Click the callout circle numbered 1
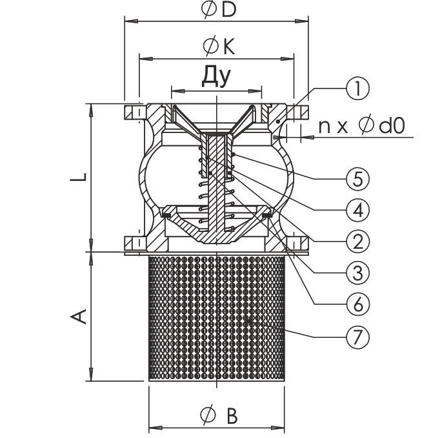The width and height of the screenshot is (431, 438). point(357,89)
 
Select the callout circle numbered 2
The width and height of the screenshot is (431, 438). point(357,241)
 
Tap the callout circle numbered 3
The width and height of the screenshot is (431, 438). point(357,273)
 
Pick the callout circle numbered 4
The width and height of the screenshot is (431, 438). point(357,210)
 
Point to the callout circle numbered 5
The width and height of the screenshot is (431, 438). point(357,178)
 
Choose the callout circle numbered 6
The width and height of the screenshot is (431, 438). point(357,304)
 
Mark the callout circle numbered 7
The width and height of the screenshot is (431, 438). point(357,337)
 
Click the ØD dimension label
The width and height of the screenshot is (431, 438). point(219,10)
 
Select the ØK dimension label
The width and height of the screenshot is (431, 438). point(219,47)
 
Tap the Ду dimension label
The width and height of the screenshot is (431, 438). point(217,76)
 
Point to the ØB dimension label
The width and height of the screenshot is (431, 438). point(219,415)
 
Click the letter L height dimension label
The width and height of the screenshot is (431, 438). point(79,177)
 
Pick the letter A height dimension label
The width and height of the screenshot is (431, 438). point(79,317)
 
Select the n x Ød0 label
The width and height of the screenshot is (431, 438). point(362,126)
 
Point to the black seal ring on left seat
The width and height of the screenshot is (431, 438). point(167,215)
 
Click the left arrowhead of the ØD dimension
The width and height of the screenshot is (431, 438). point(131,21)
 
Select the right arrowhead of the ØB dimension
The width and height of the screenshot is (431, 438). point(278,428)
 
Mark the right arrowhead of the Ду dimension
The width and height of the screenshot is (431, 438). point(255,91)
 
